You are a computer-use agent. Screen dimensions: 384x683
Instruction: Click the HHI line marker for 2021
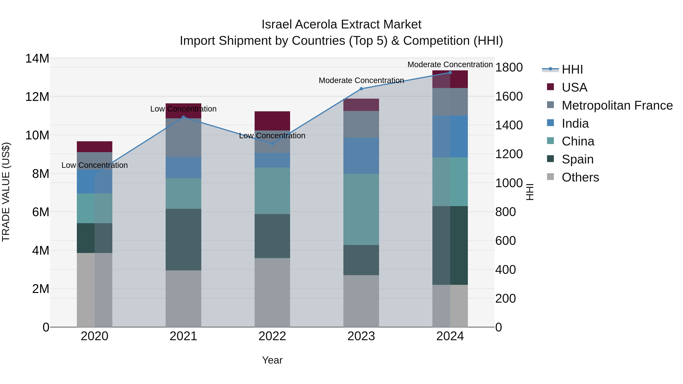183,117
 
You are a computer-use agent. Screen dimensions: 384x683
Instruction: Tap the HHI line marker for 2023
361,89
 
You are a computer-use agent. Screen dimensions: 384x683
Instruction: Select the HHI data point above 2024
450,72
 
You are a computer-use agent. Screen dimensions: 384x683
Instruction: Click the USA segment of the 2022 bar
272,121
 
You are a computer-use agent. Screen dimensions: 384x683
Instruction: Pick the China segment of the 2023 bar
361,209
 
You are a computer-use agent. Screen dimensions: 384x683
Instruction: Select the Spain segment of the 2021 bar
183,240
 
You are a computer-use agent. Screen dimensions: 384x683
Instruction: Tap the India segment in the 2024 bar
450,137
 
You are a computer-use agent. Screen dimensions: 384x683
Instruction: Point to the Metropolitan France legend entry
617,105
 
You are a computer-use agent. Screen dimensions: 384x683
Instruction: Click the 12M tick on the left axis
37,97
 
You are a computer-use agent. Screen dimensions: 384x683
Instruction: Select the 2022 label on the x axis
272,336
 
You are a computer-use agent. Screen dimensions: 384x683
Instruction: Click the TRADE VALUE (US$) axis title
6,192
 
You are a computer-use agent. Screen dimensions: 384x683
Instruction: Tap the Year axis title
272,360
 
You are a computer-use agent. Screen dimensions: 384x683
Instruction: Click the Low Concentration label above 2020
95,165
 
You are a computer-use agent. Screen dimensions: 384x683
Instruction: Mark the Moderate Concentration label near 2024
450,64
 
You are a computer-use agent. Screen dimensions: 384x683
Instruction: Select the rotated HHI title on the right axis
530,192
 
